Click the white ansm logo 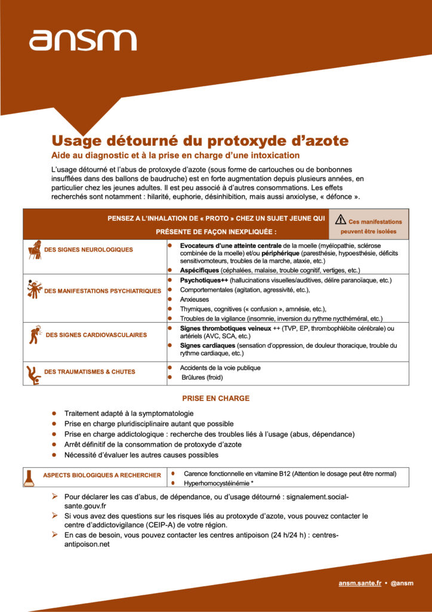pyautogui.click(x=82, y=40)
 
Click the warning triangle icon pyautogui.click(x=341, y=219)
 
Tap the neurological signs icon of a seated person pyautogui.click(x=35, y=249)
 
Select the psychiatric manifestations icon pyautogui.click(x=34, y=290)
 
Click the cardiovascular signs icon pyautogui.click(x=34, y=335)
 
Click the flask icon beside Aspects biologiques pyautogui.click(x=28, y=476)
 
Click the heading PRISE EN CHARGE pyautogui.click(x=216, y=399)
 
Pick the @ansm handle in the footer pyautogui.click(x=402, y=583)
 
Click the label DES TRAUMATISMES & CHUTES pyautogui.click(x=90, y=372)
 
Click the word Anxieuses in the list pyautogui.click(x=195, y=299)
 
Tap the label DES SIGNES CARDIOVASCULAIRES pyautogui.click(x=96, y=335)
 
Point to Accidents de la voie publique pyautogui.click(x=220, y=368)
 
